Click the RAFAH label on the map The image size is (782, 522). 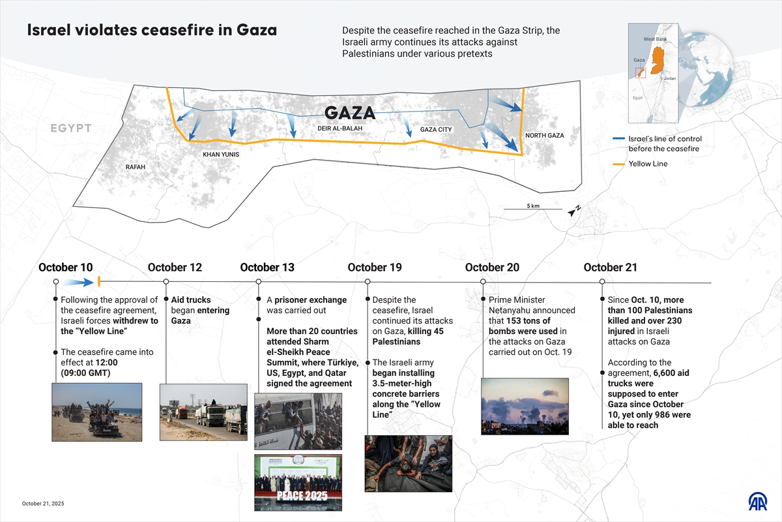click(x=136, y=167)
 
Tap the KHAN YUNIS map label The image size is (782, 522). click(x=221, y=155)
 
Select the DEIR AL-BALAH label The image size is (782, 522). click(x=340, y=129)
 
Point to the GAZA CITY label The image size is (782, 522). click(x=436, y=130)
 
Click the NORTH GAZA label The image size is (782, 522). click(x=544, y=136)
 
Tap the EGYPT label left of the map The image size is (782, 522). click(x=71, y=129)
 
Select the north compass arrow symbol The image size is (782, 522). click(x=574, y=210)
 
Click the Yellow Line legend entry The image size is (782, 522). click(x=648, y=164)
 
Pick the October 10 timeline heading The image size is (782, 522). click(x=65, y=268)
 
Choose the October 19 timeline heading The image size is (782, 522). click(x=375, y=268)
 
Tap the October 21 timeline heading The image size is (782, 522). click(x=611, y=268)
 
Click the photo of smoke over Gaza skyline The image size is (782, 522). click(x=525, y=406)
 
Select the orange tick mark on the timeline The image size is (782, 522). click(x=98, y=281)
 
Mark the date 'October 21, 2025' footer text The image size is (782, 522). click(x=43, y=504)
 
